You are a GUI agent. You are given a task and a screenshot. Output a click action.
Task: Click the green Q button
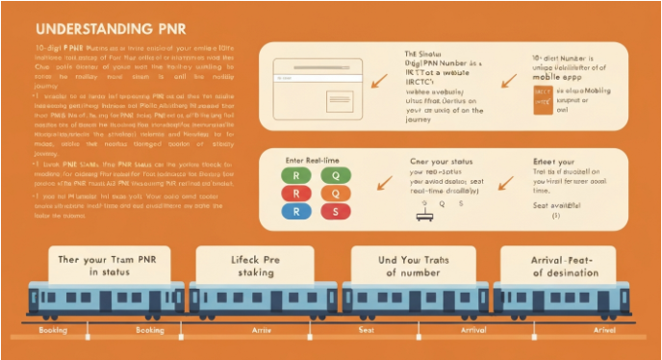coord(335,175)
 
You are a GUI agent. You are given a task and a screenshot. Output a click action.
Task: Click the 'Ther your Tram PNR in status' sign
coord(102,267)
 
